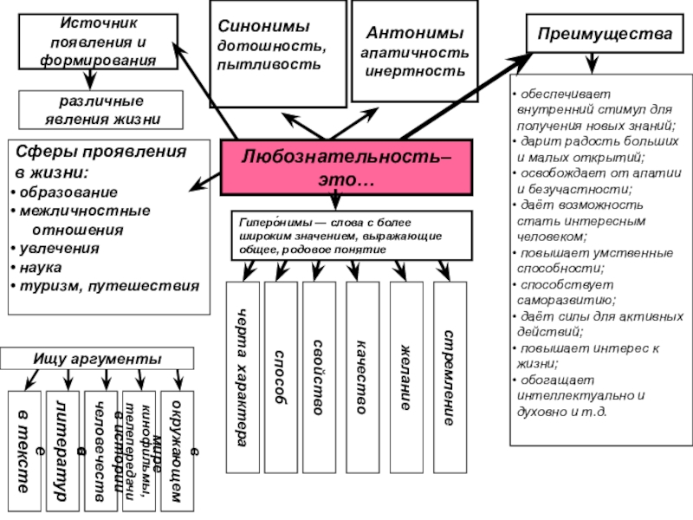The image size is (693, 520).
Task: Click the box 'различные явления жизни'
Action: click(101, 109)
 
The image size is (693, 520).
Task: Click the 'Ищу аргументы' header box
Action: click(97, 358)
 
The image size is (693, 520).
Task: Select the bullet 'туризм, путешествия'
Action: click(108, 285)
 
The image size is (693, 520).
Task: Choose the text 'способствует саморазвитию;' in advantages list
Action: click(567, 291)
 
